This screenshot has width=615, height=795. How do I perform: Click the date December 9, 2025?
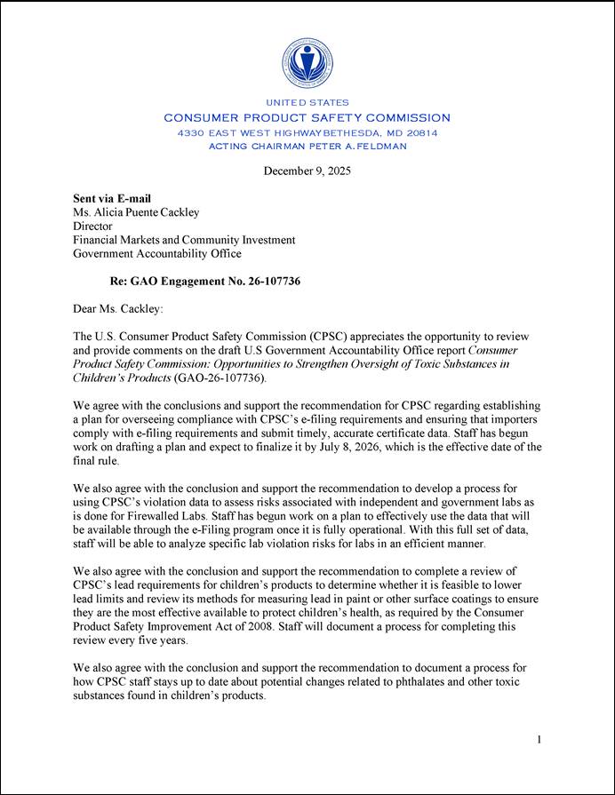point(307,171)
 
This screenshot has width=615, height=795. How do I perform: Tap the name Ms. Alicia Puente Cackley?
point(136,212)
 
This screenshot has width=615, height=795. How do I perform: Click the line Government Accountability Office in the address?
point(156,254)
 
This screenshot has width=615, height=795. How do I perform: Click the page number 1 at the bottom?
point(539,739)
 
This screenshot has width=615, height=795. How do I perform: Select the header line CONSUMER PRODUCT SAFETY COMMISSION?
point(307,118)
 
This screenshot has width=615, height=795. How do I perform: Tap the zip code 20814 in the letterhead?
point(419,132)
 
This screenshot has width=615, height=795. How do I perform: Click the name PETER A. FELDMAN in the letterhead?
point(357,146)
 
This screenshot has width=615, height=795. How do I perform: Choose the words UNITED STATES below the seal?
point(307,103)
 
